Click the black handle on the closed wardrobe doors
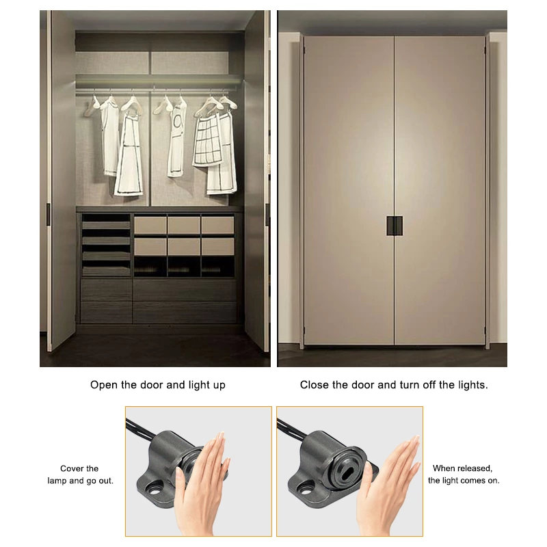pos(393,226)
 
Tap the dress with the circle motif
pos(177,140)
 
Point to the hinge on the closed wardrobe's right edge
pos(487,48)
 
